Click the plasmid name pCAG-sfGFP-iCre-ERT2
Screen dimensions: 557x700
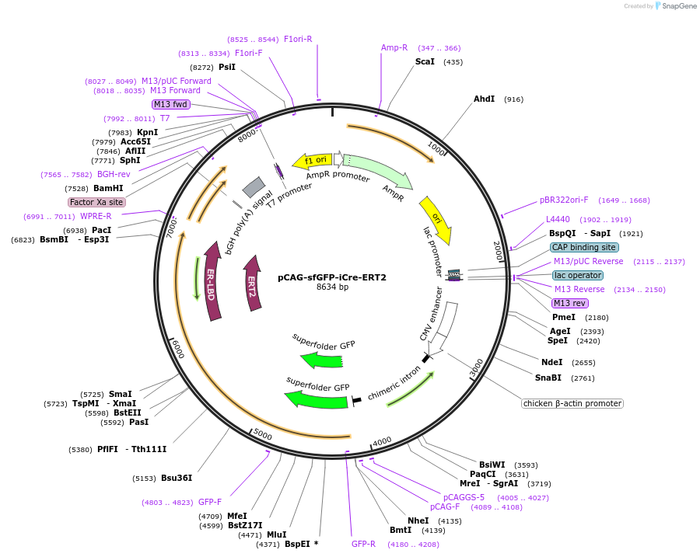[332, 277]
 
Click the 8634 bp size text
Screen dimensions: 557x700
[332, 287]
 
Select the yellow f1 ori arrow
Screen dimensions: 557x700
[312, 161]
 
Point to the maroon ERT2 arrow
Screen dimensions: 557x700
[252, 284]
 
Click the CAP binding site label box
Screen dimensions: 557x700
[584, 247]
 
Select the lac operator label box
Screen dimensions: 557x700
[577, 275]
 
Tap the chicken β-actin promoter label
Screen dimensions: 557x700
[572, 403]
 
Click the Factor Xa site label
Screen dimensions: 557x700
[97, 202]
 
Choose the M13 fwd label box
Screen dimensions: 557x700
[170, 104]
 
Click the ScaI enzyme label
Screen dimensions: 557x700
[425, 61]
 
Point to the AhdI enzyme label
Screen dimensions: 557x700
[484, 99]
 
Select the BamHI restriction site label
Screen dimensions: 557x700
[108, 188]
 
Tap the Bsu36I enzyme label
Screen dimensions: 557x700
[177, 478]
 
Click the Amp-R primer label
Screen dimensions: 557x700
[394, 47]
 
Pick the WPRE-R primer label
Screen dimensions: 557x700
[96, 216]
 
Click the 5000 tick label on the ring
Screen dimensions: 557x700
[263, 434]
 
